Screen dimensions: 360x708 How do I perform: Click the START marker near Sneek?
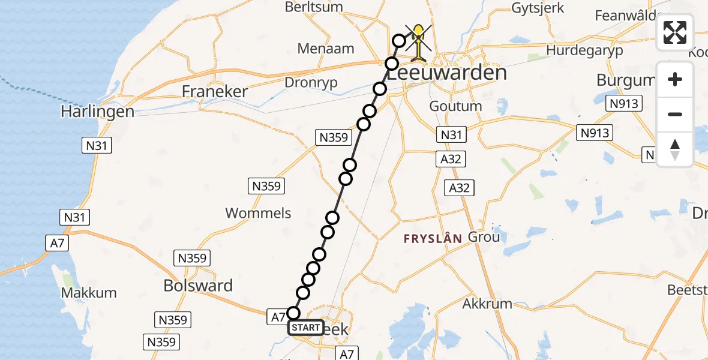click(306, 328)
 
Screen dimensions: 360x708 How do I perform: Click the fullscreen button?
click(675, 32)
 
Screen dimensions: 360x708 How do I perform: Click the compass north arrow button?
click(675, 149)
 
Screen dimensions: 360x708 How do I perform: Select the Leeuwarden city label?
click(446, 73)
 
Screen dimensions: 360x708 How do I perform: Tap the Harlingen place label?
click(97, 112)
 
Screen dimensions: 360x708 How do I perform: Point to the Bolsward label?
click(198, 286)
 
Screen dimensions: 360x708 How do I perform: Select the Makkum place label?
click(89, 293)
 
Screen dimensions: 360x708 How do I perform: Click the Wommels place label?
click(259, 213)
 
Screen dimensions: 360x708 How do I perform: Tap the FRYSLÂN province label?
click(433, 239)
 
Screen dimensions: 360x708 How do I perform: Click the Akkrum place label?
click(487, 304)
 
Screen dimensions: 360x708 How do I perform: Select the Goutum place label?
click(455, 106)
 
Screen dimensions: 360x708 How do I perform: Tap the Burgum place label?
click(625, 80)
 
